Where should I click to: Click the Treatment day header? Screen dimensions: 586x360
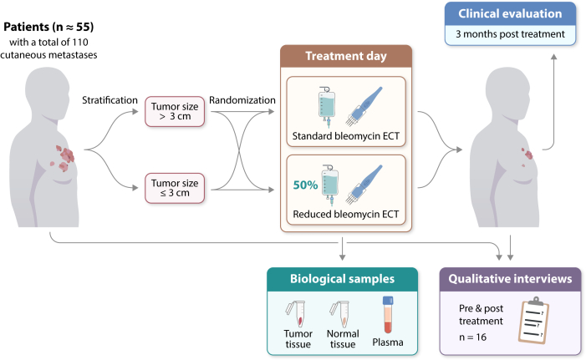point(346,56)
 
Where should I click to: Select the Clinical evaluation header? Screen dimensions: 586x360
point(510,14)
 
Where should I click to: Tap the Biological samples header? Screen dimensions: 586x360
point(343,279)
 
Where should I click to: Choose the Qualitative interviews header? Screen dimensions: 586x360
point(510,279)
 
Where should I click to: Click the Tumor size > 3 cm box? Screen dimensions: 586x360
point(175,112)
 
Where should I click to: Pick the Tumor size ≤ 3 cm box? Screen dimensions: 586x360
point(175,188)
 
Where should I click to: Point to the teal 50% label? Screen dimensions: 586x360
point(305,185)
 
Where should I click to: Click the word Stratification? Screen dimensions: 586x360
point(110,100)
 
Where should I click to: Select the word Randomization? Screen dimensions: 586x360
point(242,100)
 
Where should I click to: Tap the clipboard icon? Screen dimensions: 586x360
point(533,320)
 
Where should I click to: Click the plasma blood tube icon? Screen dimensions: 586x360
point(388,314)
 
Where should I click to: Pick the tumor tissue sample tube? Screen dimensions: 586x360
point(297,314)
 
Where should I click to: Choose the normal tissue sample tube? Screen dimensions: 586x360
point(340,314)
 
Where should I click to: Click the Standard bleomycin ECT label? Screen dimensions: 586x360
point(346,136)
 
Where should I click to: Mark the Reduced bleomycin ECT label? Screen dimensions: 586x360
point(346,214)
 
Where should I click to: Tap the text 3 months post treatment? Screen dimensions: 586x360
point(510,34)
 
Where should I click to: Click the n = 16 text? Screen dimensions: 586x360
point(473,337)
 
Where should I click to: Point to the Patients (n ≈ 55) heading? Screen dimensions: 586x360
point(48,27)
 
